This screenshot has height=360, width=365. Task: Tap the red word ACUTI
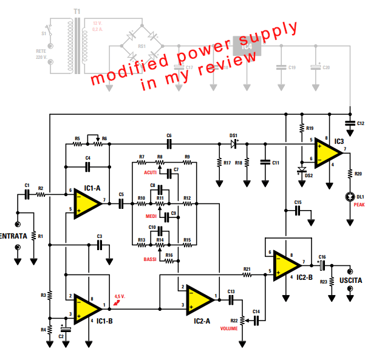click(151, 173)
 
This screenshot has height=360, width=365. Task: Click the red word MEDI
click(152, 216)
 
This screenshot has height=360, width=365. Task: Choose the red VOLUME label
click(229, 328)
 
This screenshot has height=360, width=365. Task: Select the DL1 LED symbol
click(350, 197)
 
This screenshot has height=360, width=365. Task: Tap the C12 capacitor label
click(360, 123)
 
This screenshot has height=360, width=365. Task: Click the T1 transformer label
click(77, 12)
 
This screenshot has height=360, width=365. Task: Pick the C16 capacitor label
click(322, 257)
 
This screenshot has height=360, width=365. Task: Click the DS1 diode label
click(233, 135)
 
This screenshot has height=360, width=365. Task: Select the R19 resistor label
click(310, 129)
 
